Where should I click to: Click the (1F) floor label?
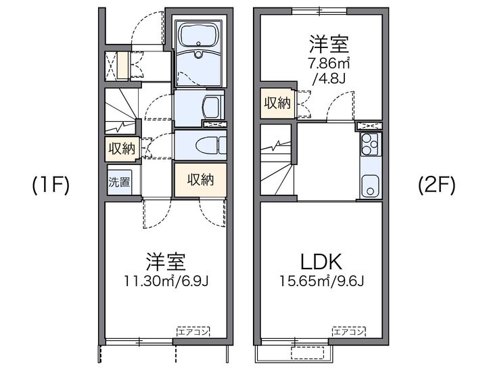pyautogui.click(x=51, y=185)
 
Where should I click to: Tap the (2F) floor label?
pyautogui.click(x=437, y=185)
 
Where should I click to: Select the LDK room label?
pyautogui.click(x=321, y=262)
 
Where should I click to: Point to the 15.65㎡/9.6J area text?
pyautogui.click(x=321, y=281)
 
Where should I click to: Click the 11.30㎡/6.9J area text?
pyautogui.click(x=166, y=281)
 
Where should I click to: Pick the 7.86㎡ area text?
pyautogui.click(x=329, y=64)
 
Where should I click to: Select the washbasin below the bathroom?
pyautogui.click(x=213, y=107)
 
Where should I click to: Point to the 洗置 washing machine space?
pyautogui.click(x=120, y=182)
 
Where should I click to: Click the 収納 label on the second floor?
pyautogui.click(x=277, y=103)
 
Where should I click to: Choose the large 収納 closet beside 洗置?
pyautogui.click(x=200, y=180)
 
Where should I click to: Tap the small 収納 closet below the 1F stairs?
pyautogui.click(x=122, y=149)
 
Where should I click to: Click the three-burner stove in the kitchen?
pyautogui.click(x=369, y=145)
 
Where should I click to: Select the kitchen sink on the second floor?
pyautogui.click(x=370, y=185)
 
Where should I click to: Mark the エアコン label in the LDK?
pyautogui.click(x=349, y=332)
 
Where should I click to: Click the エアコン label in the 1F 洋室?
pyautogui.click(x=193, y=332)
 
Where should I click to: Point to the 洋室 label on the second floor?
pyautogui.click(x=329, y=45)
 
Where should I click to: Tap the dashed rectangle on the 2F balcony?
pyautogui.click(x=307, y=353)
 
